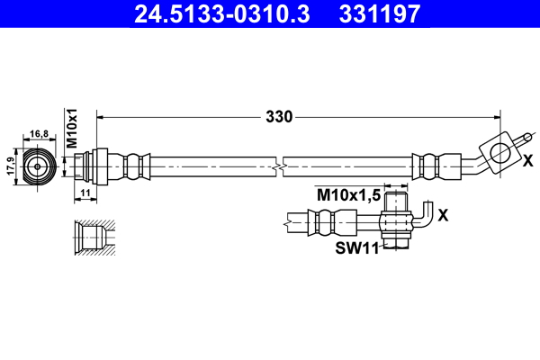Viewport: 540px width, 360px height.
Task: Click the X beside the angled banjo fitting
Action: [x=527, y=160]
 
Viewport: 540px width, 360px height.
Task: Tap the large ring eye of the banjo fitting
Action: [x=497, y=148]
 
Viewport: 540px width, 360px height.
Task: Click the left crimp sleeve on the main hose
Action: [x=135, y=166]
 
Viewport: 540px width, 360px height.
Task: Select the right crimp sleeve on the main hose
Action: [x=426, y=166]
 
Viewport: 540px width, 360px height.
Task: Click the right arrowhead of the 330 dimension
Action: [x=497, y=116]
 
